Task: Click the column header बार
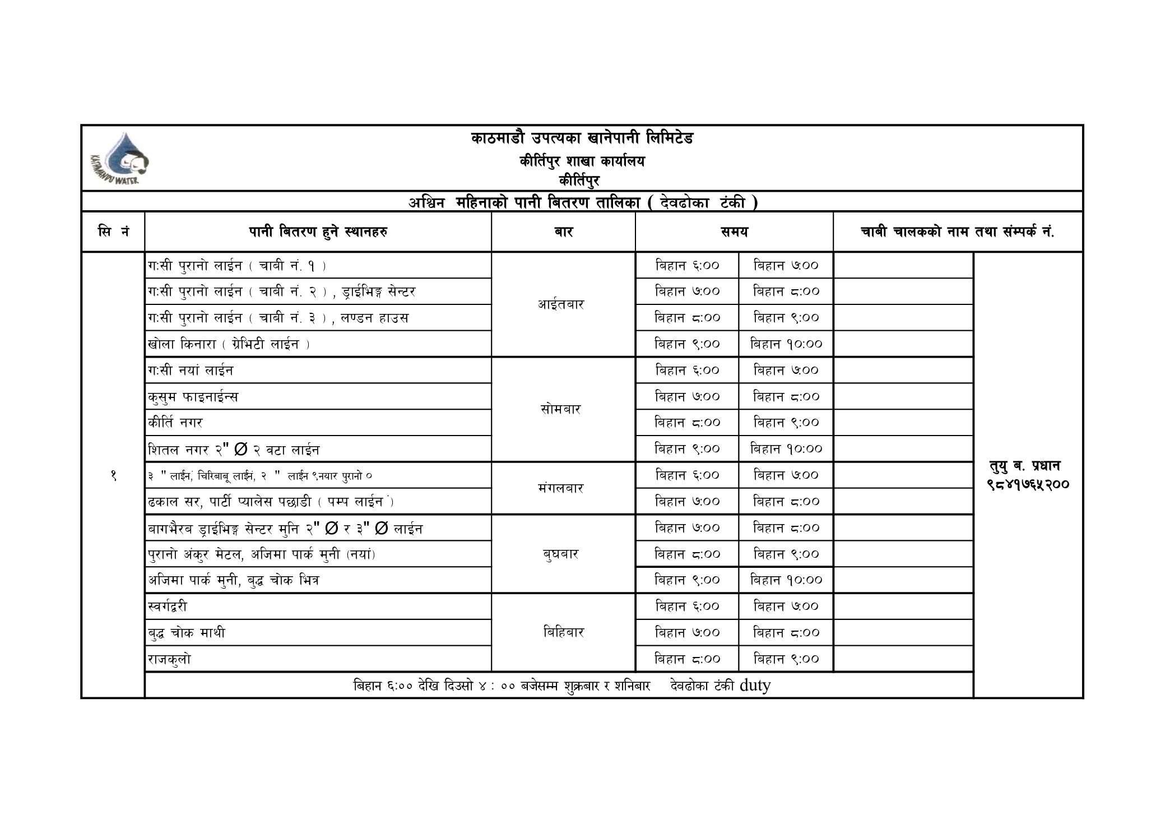click(x=563, y=232)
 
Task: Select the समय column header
click(x=734, y=232)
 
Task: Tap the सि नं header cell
click(x=113, y=232)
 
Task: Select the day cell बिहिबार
click(x=563, y=632)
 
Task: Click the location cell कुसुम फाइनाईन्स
click(x=193, y=397)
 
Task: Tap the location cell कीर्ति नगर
click(x=175, y=423)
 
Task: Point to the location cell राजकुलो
click(x=170, y=659)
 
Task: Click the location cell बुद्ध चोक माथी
click(x=187, y=633)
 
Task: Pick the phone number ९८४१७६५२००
click(x=1028, y=483)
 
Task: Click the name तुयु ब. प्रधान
click(x=1025, y=466)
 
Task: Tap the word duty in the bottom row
click(x=755, y=685)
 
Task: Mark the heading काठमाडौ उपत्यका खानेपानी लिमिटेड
click(x=582, y=138)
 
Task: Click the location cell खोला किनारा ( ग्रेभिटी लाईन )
click(x=229, y=344)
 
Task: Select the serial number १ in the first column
click(x=113, y=475)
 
